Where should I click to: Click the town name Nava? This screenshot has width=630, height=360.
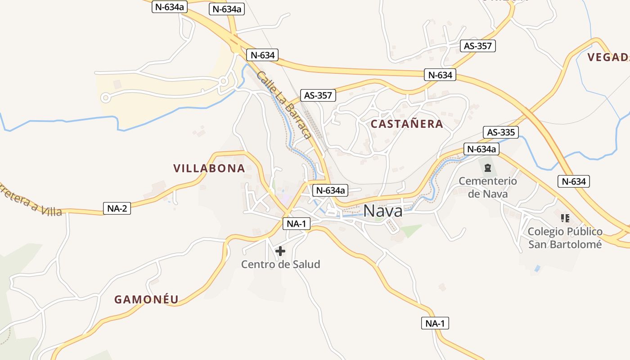point(382,211)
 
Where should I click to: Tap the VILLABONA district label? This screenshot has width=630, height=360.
point(209,168)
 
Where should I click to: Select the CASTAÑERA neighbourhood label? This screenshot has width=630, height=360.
point(407,124)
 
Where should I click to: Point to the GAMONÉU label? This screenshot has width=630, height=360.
point(146,299)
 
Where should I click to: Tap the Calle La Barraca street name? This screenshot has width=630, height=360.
point(284,104)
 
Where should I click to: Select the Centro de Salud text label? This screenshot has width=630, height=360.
point(280,264)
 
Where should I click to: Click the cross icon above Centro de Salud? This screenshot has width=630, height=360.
point(280,251)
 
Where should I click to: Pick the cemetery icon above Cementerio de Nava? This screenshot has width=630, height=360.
point(487,168)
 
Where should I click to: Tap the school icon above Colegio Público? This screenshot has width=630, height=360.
point(565,218)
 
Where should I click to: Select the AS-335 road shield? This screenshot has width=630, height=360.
point(501,132)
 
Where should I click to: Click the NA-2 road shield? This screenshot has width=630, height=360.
point(117,208)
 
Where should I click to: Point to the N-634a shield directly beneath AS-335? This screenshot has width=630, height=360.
point(481,149)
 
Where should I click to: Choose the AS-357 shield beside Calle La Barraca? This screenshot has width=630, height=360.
point(318,95)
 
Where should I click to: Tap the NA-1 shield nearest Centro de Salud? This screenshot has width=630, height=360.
point(297,224)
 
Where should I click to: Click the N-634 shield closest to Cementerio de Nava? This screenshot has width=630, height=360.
point(574,181)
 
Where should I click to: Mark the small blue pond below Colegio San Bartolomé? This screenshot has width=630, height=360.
point(537,269)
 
